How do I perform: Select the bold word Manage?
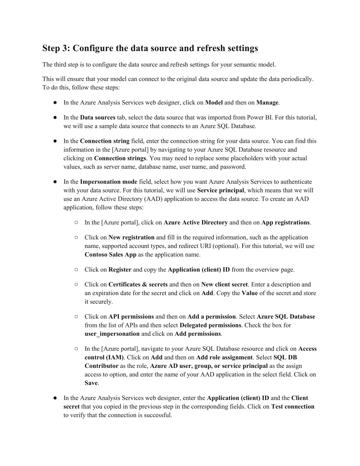tap(268, 103)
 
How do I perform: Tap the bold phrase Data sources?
tap(98, 117)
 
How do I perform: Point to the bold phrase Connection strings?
tap(120, 158)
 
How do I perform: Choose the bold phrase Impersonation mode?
tap(109, 182)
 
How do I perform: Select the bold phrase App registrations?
tap(285, 223)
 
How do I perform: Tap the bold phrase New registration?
tap(131, 237)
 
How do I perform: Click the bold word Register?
tap(120, 270)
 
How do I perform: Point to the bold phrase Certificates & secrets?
tap(138, 285)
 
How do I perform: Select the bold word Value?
tap(250, 293)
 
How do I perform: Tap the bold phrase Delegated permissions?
tap(211, 325)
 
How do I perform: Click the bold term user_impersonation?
tap(112, 334)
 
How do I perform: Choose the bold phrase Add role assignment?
tap(224, 358)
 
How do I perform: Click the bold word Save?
tap(91, 383)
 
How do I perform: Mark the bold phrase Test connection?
tap(292, 407)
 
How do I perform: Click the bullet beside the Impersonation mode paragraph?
tap(55, 182)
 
